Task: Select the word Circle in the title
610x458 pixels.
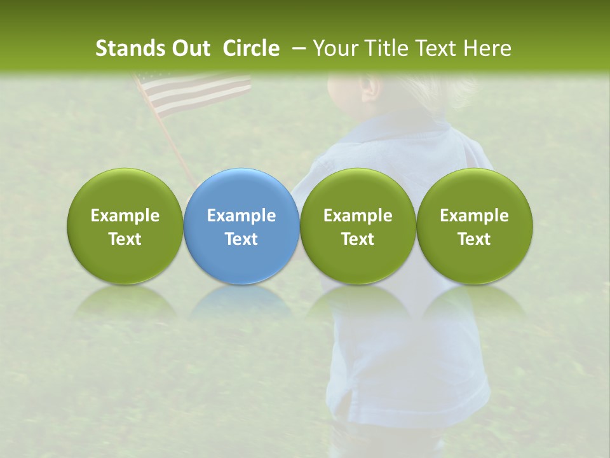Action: click(x=251, y=48)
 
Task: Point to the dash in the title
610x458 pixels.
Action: click(x=297, y=48)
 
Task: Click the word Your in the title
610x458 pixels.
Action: click(x=332, y=48)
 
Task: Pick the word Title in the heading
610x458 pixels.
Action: click(x=384, y=48)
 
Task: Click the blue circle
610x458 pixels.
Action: click(x=241, y=254)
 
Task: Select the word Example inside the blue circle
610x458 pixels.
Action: click(x=241, y=216)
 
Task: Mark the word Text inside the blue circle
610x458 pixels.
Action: click(x=241, y=239)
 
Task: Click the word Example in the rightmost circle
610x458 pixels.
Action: click(x=475, y=216)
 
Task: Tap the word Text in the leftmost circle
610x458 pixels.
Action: click(x=125, y=239)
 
